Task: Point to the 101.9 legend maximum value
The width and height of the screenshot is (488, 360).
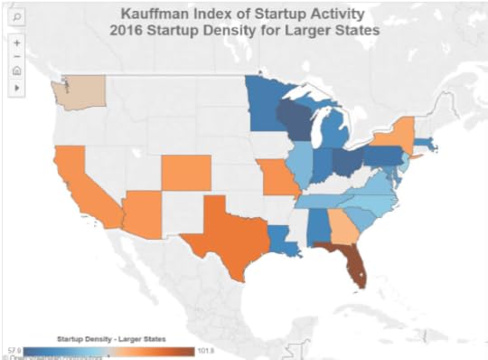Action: click(206, 349)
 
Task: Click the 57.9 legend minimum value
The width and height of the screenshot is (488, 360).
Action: click(14, 349)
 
